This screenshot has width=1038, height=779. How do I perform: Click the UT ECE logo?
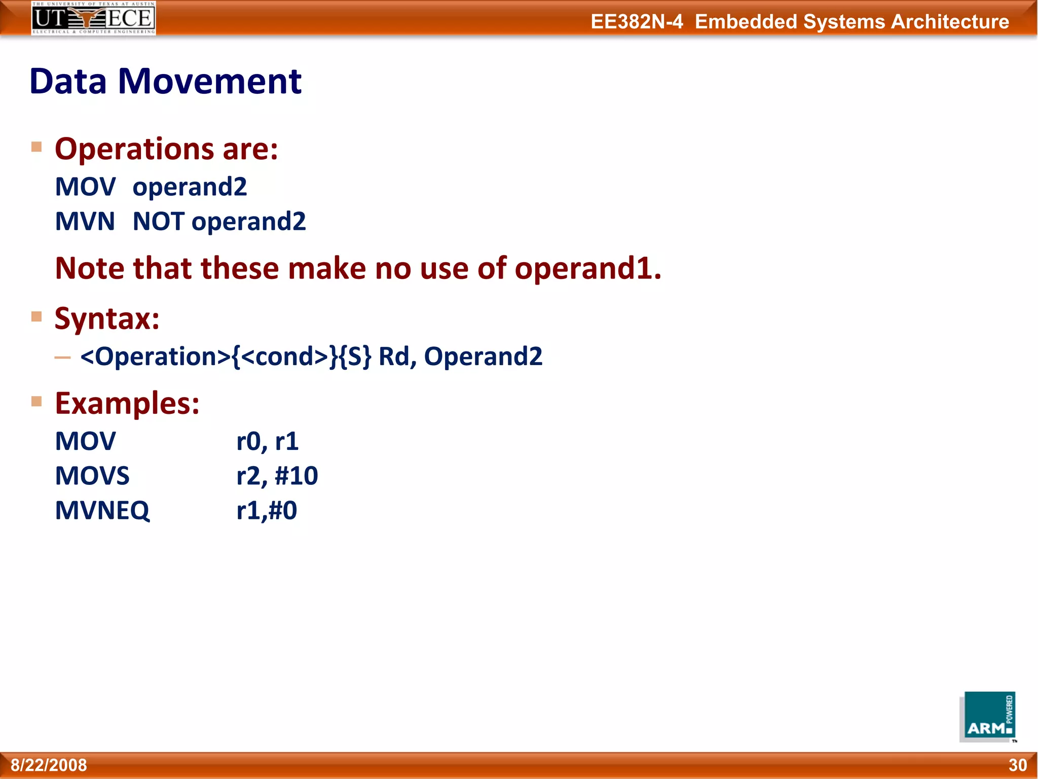[x=93, y=18]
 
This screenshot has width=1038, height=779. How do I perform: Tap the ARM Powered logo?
[x=987, y=717]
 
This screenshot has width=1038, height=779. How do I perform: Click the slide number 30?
[x=1017, y=765]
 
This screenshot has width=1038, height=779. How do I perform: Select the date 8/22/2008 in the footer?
[x=49, y=765]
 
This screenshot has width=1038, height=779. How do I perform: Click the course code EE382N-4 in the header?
[x=637, y=22]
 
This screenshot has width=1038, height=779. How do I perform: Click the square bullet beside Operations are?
[x=36, y=147]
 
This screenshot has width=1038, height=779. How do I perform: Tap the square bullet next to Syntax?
[x=36, y=316]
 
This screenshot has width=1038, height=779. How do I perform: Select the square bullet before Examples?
[x=36, y=402]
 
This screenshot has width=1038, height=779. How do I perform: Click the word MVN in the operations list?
[x=85, y=222]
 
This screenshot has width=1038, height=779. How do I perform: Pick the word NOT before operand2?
[x=158, y=222]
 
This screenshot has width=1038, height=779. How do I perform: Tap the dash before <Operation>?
[x=63, y=358]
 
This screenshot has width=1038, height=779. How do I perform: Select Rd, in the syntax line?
[x=397, y=357]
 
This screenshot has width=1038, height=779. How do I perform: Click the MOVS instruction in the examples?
[x=92, y=476]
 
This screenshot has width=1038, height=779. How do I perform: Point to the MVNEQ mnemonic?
[x=102, y=510]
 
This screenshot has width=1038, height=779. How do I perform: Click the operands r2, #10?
[x=277, y=476]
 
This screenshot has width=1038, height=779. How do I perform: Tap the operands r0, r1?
[x=267, y=441]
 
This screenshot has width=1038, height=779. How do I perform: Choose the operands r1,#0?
[x=267, y=510]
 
